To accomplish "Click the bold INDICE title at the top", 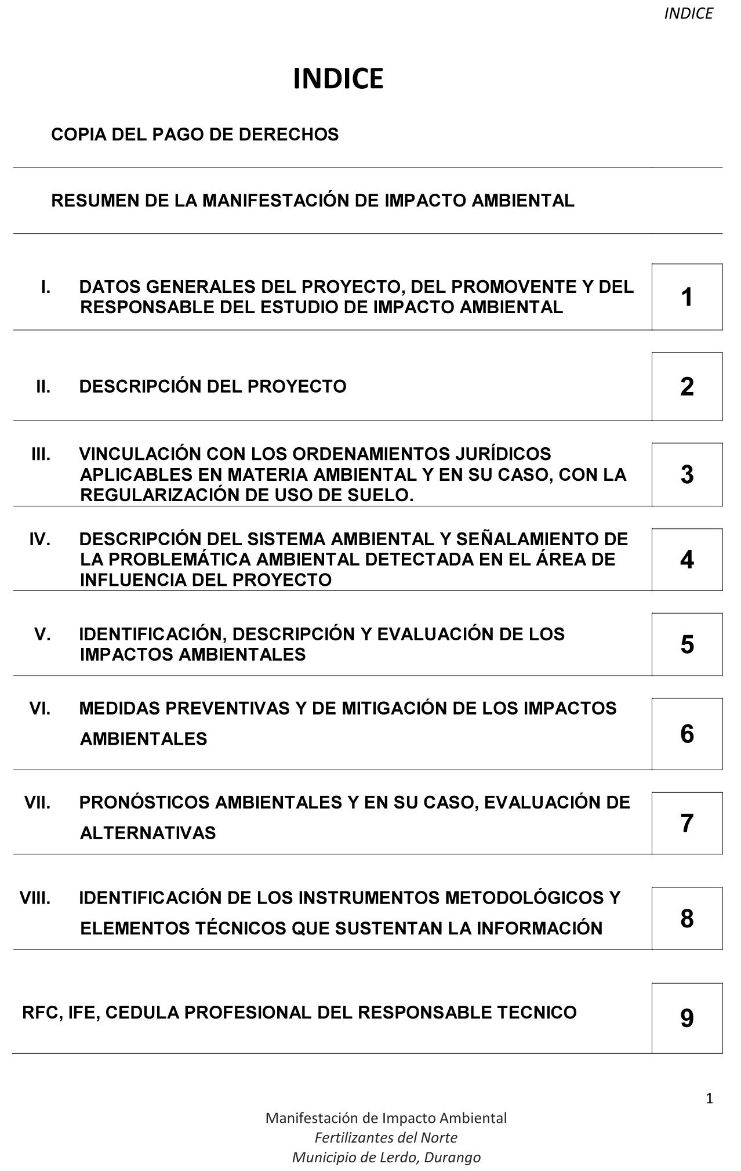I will [x=338, y=79].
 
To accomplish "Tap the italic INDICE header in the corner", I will [x=688, y=14].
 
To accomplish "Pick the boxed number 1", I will [x=686, y=297].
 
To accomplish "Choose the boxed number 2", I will [x=686, y=386].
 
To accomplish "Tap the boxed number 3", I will [x=686, y=474].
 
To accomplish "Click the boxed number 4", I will [x=686, y=560].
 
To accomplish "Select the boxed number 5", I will [x=686, y=644].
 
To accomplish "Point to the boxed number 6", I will [x=686, y=734].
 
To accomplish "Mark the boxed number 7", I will [x=686, y=823].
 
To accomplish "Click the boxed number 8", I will [x=686, y=918].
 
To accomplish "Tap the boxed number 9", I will [x=686, y=1018].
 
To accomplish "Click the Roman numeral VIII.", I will [x=35, y=898].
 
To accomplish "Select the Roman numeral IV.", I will [x=39, y=539].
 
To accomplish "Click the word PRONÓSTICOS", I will [x=144, y=803].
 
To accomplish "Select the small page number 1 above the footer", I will [x=709, y=1098].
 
